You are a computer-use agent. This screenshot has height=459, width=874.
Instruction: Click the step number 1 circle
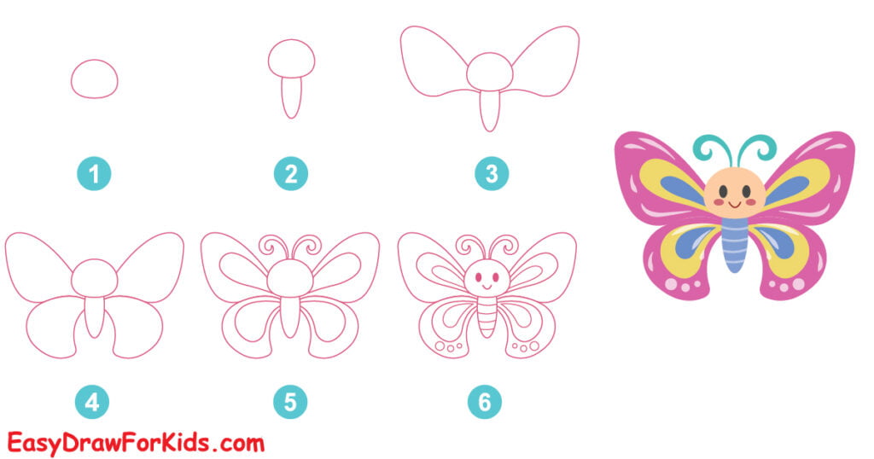[94, 175]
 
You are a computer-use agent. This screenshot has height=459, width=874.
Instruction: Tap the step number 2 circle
[291, 175]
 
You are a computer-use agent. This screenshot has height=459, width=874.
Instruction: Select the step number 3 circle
[491, 175]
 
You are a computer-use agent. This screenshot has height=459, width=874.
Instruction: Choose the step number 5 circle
[291, 401]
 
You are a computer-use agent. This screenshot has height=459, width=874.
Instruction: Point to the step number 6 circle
[485, 401]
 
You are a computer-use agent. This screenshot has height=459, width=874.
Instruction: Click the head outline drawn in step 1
[94, 80]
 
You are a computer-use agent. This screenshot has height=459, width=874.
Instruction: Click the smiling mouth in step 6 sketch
[486, 288]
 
